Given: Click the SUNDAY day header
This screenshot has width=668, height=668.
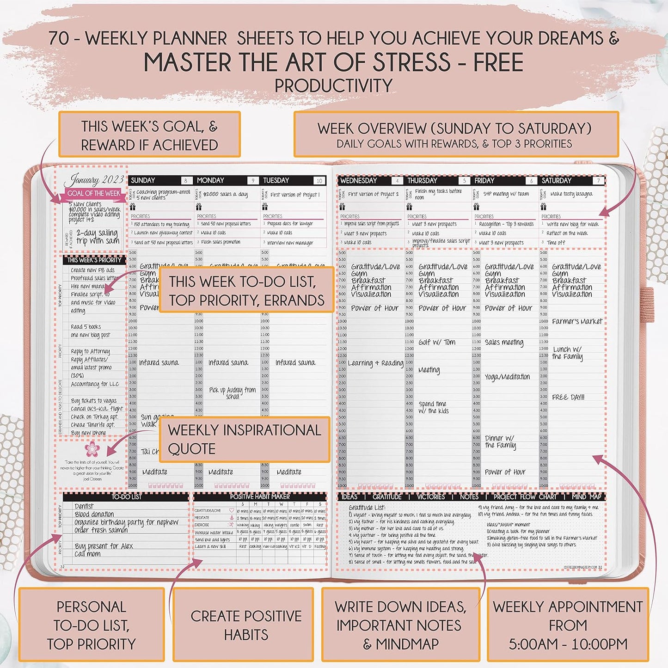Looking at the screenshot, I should (x=143, y=180).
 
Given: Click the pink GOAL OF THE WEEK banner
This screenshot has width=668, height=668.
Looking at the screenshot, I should (x=93, y=193).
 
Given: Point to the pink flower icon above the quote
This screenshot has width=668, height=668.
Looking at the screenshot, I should (x=92, y=449).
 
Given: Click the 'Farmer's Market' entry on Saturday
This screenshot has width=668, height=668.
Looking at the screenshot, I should (x=577, y=321).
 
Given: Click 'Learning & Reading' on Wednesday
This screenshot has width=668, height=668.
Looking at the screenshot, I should (x=375, y=363).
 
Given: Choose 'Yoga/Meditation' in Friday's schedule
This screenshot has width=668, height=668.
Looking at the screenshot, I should (x=507, y=377).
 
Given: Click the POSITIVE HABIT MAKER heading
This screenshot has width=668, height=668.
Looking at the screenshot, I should (x=260, y=496).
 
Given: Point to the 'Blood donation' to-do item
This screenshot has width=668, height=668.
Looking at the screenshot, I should (x=94, y=514).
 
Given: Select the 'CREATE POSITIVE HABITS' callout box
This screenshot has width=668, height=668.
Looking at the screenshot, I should (x=245, y=625).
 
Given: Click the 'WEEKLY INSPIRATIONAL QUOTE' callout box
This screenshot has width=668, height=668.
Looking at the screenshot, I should (x=245, y=439).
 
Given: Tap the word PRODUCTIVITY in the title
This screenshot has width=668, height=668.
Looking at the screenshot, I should (x=333, y=86).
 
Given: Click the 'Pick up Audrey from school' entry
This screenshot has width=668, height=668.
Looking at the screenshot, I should (x=232, y=393).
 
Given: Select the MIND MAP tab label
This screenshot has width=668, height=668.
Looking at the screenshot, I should (x=586, y=496).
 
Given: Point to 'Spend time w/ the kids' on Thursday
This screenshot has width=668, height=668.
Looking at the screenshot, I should (x=434, y=407).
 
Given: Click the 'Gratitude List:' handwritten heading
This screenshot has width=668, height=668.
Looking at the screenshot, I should (x=367, y=507).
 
